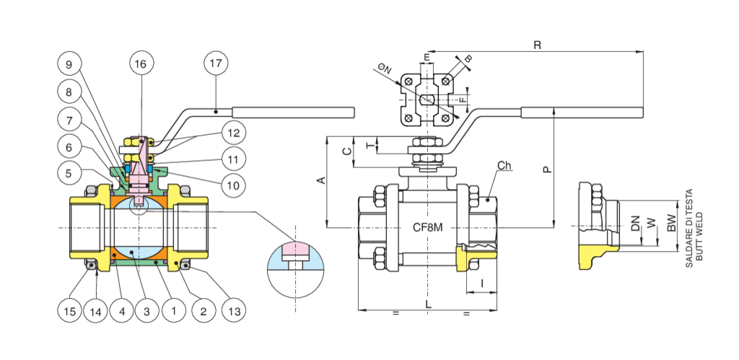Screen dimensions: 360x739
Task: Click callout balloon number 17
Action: [215, 63]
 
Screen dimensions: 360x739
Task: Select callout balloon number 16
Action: [141, 63]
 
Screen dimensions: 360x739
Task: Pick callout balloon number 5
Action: [69, 173]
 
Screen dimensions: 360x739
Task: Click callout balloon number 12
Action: [233, 133]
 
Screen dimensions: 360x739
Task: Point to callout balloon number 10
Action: [233, 185]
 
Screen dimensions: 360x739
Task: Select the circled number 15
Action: [69, 312]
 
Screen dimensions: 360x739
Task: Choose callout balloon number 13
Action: [233, 312]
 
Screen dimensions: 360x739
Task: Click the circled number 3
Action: [147, 312]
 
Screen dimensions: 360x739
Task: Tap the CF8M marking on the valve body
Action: [427, 228]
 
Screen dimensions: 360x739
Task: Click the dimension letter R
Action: [536, 45]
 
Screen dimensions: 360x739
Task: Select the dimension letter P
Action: [547, 170]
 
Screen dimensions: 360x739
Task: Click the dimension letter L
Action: [428, 305]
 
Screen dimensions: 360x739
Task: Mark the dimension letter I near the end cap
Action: [481, 284]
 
